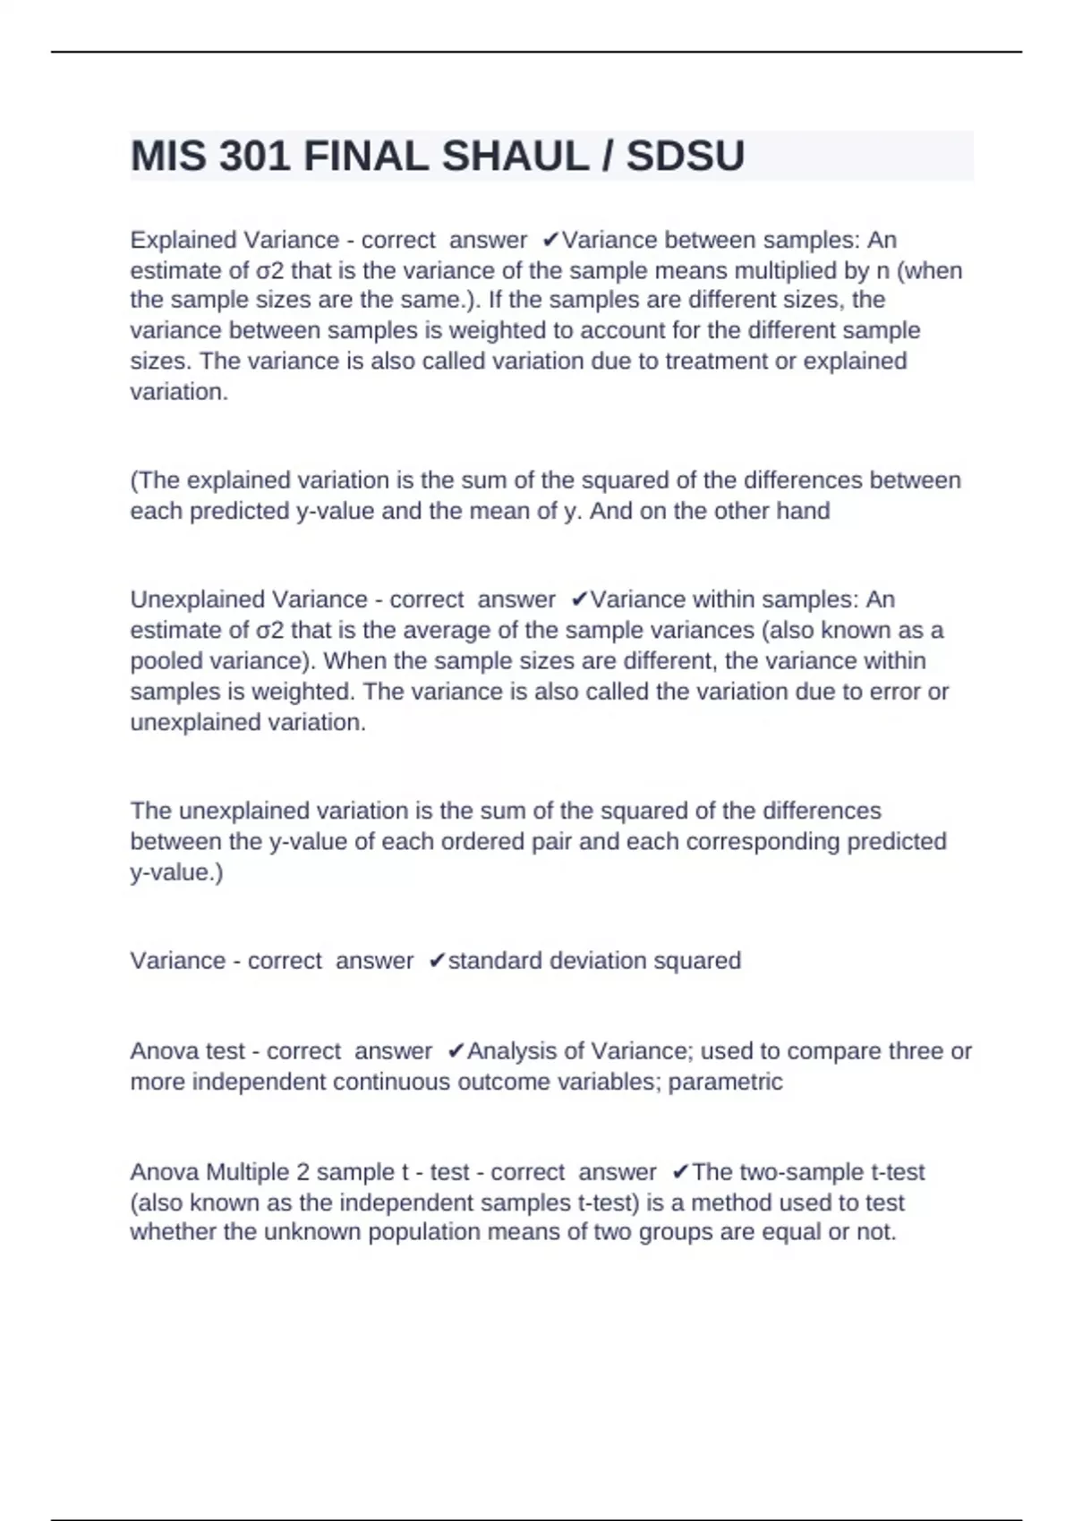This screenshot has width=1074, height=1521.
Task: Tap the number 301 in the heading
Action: (x=255, y=157)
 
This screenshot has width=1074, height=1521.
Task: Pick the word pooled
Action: (x=166, y=661)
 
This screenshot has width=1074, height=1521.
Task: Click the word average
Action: (x=447, y=630)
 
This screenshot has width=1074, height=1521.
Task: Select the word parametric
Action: (x=725, y=1082)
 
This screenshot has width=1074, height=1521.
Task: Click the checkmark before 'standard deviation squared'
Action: (x=437, y=961)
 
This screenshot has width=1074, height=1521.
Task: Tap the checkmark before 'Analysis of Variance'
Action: (x=456, y=1051)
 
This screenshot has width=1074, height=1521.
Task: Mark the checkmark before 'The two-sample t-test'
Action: (x=680, y=1172)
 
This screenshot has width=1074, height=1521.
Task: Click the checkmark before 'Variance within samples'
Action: (x=579, y=599)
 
